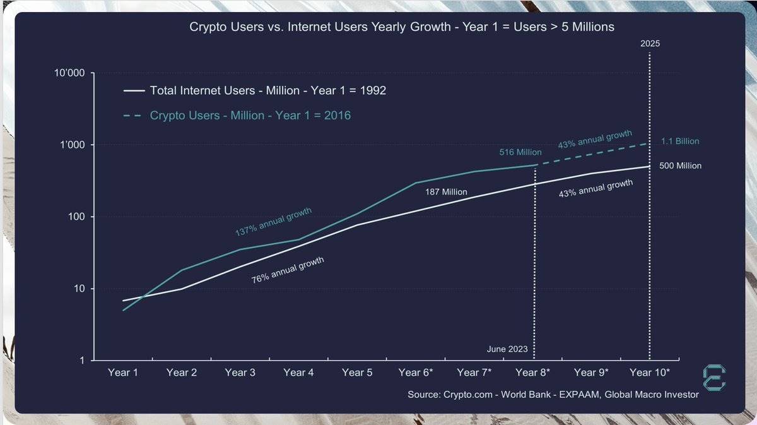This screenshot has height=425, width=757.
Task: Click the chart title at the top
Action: (402, 27)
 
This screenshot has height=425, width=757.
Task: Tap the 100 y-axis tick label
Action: (76, 217)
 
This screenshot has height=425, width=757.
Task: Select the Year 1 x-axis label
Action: (123, 373)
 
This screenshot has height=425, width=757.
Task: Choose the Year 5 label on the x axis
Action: (357, 373)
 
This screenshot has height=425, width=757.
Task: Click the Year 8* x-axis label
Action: (533, 373)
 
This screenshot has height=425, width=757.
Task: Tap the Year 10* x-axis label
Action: (650, 373)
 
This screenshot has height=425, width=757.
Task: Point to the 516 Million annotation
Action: (520, 152)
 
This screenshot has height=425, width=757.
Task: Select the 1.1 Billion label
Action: (680, 141)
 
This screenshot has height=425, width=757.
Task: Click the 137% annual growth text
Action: (273, 222)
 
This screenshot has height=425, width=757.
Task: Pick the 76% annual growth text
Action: (288, 270)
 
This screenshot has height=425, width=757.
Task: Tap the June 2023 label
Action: (507, 349)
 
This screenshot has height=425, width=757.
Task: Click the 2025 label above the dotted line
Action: (650, 44)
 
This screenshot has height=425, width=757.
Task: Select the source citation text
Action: (553, 395)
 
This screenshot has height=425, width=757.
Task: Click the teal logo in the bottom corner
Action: (714, 377)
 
